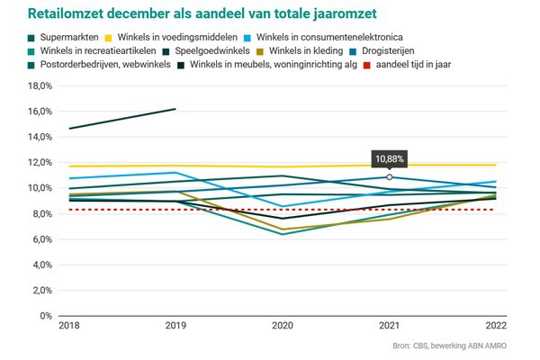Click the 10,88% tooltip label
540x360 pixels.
pyautogui.click(x=390, y=157)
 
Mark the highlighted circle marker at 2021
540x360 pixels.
pyautogui.click(x=390, y=177)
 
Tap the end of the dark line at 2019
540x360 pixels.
pyautogui.click(x=175, y=109)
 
